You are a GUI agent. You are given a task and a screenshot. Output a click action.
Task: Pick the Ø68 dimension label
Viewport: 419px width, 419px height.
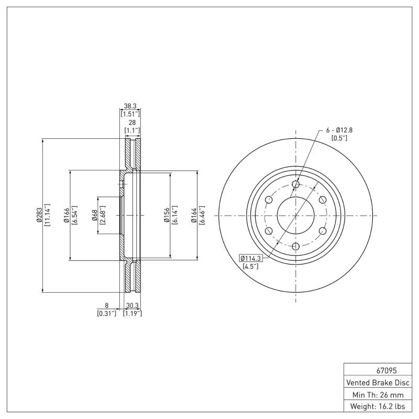pos(95,215)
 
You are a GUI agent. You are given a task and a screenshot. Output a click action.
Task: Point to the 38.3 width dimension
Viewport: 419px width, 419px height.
pos(129,106)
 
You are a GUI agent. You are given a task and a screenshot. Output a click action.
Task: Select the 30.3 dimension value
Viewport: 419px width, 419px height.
pos(131,306)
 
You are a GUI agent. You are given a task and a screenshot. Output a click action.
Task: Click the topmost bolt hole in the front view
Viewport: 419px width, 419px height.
pos(295,184)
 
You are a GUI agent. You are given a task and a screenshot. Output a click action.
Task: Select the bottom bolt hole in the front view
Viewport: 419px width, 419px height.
pos(295,246)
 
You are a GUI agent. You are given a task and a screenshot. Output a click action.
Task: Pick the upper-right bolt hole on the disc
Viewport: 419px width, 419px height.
pos(322,200)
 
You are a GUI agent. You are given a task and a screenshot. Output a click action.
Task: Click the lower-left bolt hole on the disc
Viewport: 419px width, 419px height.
pos(269,231)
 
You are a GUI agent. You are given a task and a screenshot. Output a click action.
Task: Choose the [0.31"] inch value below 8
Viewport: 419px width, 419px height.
pos(106,313)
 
